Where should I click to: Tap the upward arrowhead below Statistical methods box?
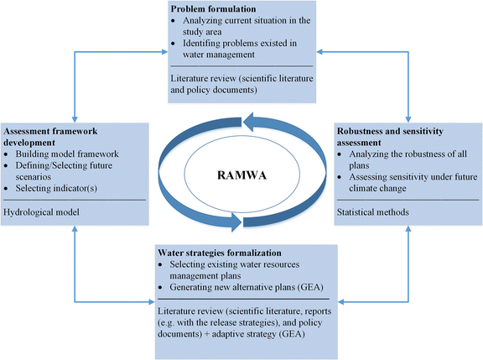(408, 227)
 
